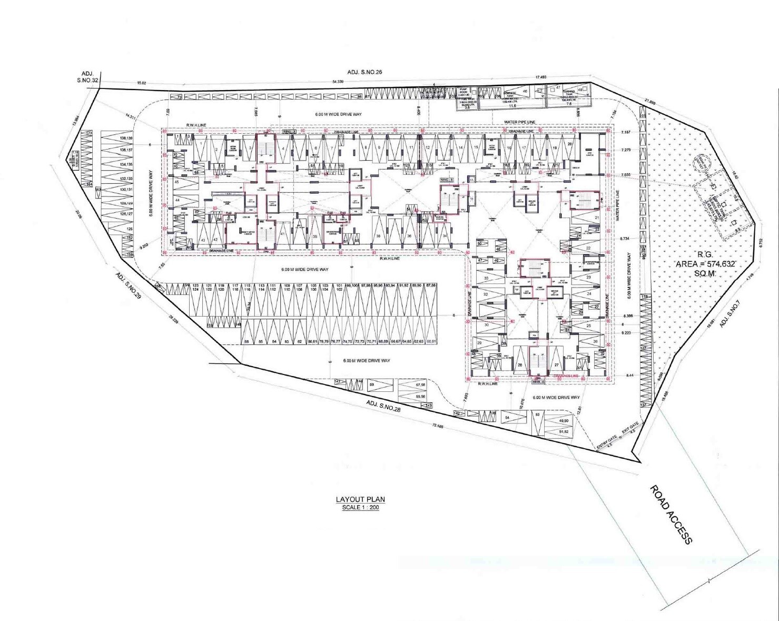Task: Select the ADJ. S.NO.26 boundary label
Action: [364, 72]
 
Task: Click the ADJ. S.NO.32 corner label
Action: [87, 77]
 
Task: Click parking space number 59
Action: [372, 386]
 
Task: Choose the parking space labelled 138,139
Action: [126, 139]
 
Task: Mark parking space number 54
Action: [508, 418]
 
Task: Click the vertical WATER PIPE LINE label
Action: [617, 205]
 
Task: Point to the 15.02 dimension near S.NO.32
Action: [141, 83]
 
